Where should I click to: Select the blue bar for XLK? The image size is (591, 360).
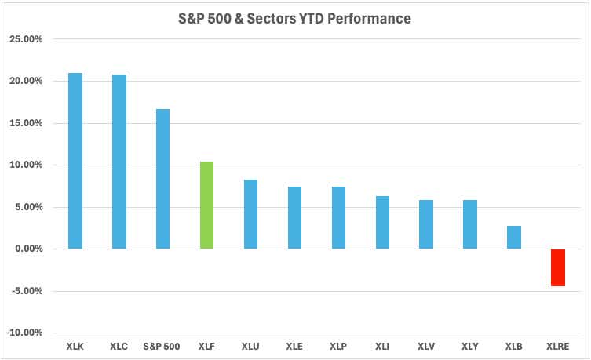[75, 161]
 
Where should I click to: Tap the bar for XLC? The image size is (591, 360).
[119, 162]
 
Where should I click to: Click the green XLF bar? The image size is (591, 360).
[207, 205]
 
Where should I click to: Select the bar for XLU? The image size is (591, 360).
[250, 214]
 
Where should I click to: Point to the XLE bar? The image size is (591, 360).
[294, 218]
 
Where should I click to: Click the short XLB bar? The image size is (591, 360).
[514, 238]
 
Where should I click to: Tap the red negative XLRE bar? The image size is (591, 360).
[557, 267]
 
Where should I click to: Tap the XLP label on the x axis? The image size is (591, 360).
[338, 346]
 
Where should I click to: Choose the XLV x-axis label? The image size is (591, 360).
[426, 346]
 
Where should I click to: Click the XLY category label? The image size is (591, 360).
[470, 346]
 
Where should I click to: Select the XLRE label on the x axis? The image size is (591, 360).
[557, 346]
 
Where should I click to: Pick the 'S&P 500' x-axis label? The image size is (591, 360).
[163, 346]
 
